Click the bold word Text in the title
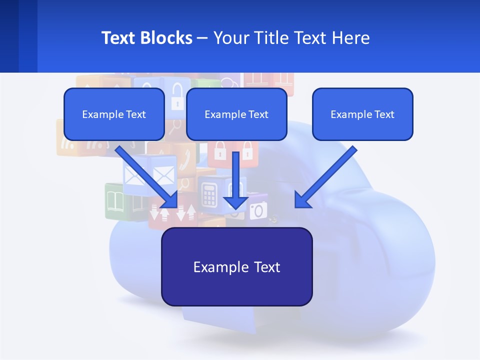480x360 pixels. point(118,38)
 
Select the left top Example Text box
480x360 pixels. point(114,114)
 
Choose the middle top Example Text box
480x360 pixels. point(236,114)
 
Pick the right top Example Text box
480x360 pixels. point(362,114)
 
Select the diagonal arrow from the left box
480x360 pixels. point(147,177)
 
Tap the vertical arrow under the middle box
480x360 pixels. point(235,180)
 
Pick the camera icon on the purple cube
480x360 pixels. point(258,211)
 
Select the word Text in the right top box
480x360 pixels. point(384,114)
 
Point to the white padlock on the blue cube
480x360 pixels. point(177,97)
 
